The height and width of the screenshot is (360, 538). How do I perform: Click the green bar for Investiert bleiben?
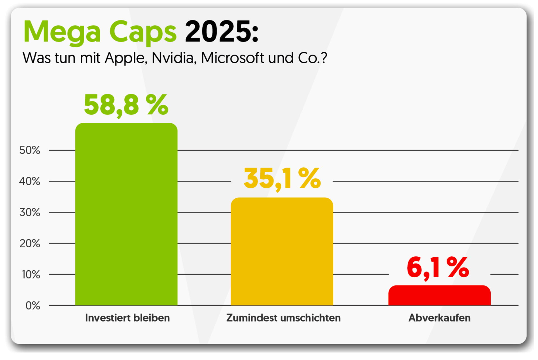pyautogui.click(x=126, y=214)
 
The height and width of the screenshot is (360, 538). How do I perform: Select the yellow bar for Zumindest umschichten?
pyautogui.click(x=282, y=252)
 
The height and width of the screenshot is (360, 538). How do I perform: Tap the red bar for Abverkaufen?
pyautogui.click(x=439, y=296)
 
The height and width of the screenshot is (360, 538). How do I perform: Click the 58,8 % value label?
pyautogui.click(x=126, y=105)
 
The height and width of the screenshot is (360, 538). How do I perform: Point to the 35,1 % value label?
pyautogui.click(x=282, y=178)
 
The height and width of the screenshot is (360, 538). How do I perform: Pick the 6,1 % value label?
pyautogui.click(x=438, y=268)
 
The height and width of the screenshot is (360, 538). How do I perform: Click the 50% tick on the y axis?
pyautogui.click(x=30, y=150)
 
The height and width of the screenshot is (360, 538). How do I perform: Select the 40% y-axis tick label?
pyautogui.click(x=30, y=182)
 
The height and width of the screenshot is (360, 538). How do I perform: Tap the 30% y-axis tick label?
pyautogui.click(x=30, y=213)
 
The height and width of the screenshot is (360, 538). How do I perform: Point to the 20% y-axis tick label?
pyautogui.click(x=30, y=244)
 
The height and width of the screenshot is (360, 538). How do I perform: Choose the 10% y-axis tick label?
pyautogui.click(x=31, y=275)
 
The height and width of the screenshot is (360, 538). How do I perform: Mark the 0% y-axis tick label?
pyautogui.click(x=33, y=306)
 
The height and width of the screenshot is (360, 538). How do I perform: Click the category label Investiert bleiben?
pyautogui.click(x=127, y=318)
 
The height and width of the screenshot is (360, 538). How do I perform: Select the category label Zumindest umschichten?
pyautogui.click(x=283, y=318)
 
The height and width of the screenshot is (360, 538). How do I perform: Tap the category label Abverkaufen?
pyautogui.click(x=439, y=318)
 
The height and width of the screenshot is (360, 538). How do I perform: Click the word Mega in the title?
pyautogui.click(x=62, y=32)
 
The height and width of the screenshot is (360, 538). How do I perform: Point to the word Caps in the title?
pyautogui.click(x=143, y=32)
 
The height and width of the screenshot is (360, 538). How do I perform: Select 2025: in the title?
pyautogui.click(x=221, y=31)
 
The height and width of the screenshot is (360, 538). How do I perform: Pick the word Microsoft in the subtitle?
pyautogui.click(x=232, y=58)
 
